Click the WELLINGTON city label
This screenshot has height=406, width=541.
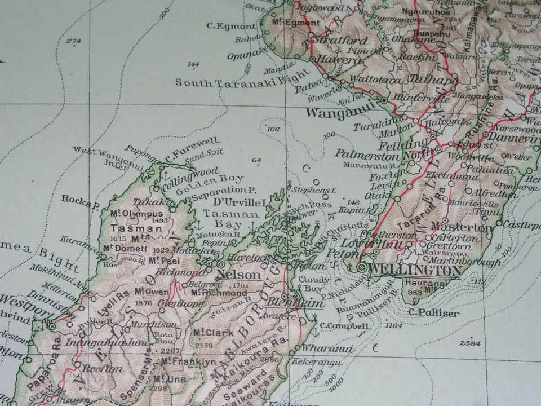416,271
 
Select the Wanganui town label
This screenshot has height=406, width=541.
340,112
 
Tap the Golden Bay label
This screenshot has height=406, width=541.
209,180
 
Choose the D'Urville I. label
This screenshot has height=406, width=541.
240,202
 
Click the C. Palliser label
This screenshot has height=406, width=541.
434,313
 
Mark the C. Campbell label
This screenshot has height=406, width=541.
345,326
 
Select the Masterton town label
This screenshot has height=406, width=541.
461,228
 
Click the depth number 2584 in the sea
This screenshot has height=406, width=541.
470,343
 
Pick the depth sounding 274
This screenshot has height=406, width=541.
73,41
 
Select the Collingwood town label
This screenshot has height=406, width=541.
191,171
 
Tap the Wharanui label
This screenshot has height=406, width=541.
327,349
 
